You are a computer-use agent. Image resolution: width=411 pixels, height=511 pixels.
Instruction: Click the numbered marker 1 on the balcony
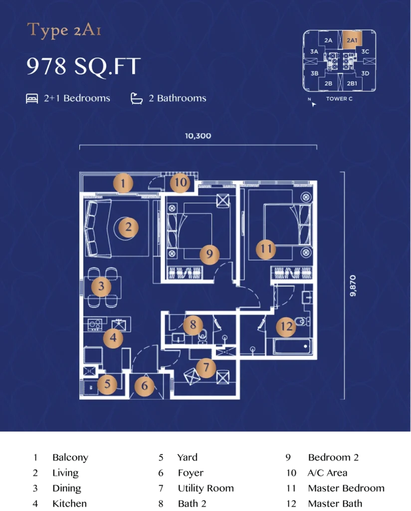[123, 183]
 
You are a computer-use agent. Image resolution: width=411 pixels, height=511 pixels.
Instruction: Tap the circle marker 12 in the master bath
[286, 326]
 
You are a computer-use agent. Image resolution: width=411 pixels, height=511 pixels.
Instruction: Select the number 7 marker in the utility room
[205, 368]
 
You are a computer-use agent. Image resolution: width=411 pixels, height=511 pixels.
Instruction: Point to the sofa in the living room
[98, 229]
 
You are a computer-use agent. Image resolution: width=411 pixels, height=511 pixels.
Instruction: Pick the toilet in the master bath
[302, 322]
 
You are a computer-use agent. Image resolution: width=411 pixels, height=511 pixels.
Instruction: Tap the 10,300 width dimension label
[198, 136]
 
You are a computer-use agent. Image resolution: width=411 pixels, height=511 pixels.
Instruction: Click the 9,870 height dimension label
[353, 286]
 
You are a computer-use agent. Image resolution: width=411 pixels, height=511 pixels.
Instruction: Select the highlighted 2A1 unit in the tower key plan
[352, 40]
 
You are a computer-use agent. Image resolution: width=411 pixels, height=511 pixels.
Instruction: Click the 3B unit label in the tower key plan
[314, 73]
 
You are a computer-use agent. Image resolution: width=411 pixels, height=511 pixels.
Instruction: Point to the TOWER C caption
[339, 99]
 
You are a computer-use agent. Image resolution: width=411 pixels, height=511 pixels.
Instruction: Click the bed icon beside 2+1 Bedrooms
[32, 98]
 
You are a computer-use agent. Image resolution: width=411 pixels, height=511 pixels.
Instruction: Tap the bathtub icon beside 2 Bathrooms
[137, 98]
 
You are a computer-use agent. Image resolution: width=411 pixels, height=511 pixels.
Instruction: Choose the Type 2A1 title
[64, 30]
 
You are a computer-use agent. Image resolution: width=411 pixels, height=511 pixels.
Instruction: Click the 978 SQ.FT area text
[84, 66]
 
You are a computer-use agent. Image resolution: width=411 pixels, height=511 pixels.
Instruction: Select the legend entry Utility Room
[206, 488]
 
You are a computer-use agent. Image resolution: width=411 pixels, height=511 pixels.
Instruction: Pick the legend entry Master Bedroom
[346, 488]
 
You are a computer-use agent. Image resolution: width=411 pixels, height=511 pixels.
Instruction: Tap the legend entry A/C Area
[327, 473]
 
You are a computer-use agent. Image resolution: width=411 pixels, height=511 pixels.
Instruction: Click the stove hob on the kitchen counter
[95, 324]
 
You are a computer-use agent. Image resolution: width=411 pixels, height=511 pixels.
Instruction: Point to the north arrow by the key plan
[313, 104]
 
